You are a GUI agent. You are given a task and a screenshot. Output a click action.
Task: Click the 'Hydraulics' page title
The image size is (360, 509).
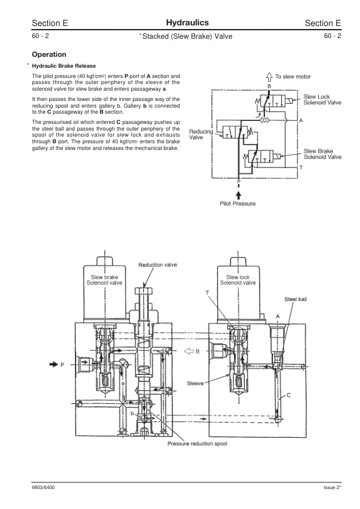(x=188, y=22)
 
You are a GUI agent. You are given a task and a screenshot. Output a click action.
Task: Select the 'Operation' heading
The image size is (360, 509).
(x=53, y=54)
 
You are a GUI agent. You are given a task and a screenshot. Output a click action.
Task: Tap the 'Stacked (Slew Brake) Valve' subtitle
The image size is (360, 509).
(x=186, y=36)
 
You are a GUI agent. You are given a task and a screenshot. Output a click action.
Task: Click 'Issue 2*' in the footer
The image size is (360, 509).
(x=333, y=487)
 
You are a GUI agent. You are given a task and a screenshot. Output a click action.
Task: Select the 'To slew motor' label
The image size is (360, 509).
(x=293, y=77)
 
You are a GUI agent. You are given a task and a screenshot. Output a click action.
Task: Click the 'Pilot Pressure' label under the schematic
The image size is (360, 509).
(x=237, y=204)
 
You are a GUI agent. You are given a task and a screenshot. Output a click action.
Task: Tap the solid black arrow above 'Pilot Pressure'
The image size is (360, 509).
(x=238, y=193)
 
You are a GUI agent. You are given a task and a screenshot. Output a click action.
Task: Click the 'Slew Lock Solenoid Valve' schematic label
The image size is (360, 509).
(x=322, y=100)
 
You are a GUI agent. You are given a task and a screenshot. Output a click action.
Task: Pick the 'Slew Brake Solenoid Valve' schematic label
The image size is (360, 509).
(x=322, y=154)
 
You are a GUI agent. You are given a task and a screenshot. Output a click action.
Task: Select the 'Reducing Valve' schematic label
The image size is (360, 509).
(x=200, y=134)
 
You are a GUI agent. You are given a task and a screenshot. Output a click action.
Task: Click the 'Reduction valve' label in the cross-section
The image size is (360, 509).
(x=158, y=265)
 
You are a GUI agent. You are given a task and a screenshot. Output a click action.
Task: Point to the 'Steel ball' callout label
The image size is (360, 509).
(x=296, y=299)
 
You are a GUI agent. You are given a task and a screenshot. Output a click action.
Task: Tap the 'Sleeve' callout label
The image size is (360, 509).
(x=195, y=383)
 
